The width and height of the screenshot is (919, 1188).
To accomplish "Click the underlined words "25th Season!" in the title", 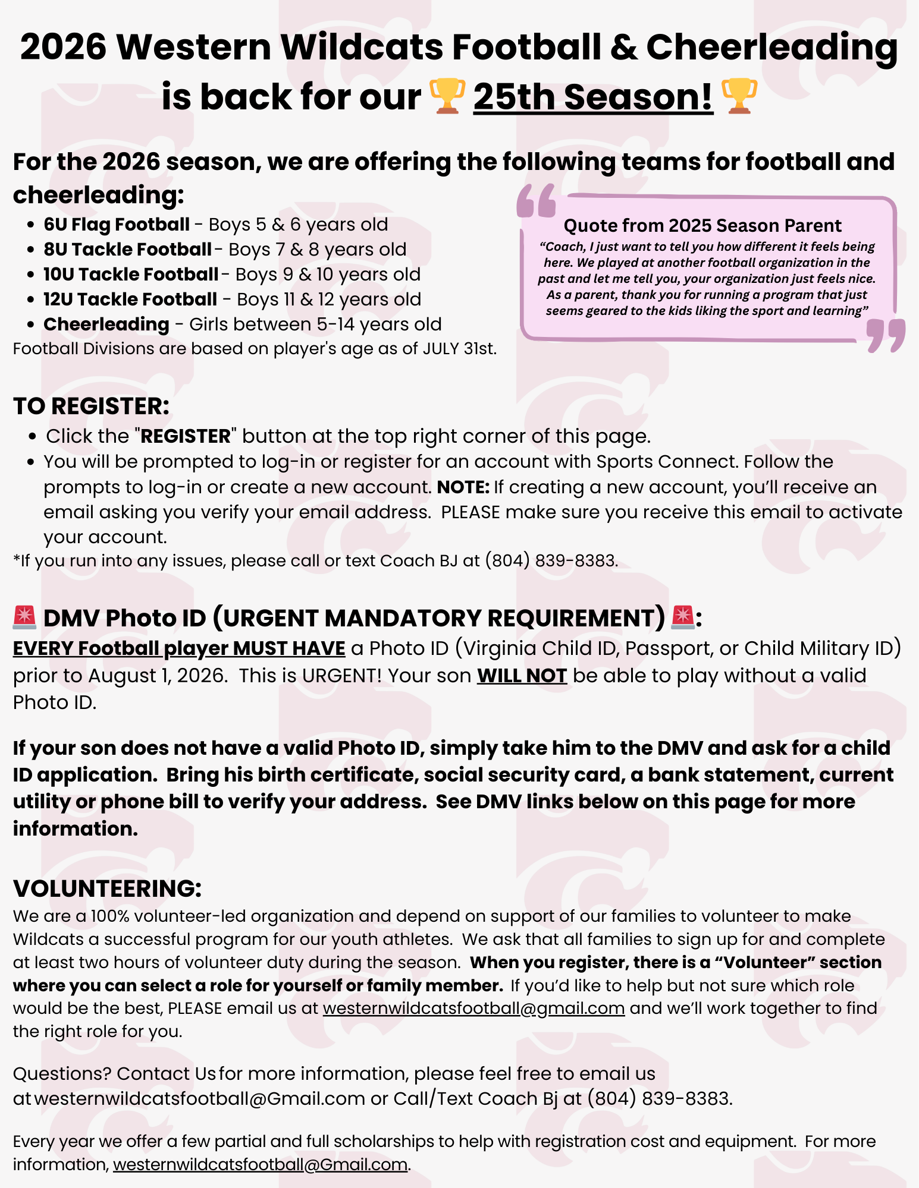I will [593, 97].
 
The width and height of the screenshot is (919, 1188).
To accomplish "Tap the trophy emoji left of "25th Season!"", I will [447, 96].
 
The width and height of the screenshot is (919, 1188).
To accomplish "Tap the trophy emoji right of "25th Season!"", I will [739, 96].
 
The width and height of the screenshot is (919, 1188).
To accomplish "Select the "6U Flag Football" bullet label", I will [117, 225].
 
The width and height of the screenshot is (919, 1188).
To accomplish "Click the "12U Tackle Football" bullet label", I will [130, 300].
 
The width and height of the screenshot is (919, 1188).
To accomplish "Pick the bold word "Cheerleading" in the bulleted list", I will [106, 324].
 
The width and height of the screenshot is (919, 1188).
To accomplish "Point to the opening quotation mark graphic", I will [536, 201].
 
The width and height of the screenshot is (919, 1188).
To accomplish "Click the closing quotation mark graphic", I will [886, 335].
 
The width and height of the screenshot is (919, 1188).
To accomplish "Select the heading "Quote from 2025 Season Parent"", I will [702, 226].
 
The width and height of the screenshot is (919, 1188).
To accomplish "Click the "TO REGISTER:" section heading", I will [91, 406].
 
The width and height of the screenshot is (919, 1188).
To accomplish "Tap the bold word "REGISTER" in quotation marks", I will [186, 437].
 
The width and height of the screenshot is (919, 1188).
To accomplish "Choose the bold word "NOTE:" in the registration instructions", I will [463, 487].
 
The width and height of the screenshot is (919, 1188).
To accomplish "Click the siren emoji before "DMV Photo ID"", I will [24, 617].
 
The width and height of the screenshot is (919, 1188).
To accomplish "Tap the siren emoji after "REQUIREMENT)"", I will [682, 617].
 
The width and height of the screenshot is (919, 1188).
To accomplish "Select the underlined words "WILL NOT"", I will [522, 676].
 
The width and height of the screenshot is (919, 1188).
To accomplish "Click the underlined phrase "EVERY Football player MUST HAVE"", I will [179, 648].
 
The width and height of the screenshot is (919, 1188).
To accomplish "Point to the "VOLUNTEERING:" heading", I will [108, 888].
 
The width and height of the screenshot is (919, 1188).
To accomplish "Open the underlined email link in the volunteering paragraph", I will [473, 1009].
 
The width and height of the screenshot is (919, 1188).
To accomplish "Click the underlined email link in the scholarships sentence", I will [261, 1164].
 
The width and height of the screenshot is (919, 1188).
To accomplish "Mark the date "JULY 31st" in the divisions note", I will [458, 348].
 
